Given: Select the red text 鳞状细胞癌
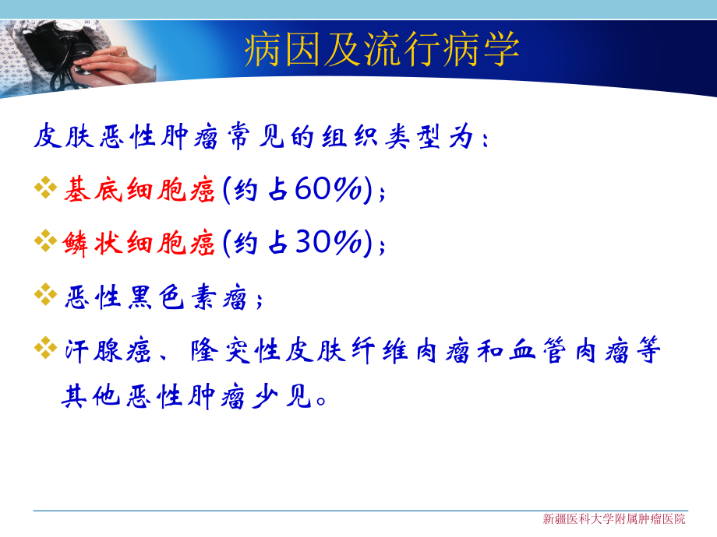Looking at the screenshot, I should pyautogui.click(x=139, y=244).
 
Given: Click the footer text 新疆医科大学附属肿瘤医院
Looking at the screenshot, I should pyautogui.click(x=614, y=519).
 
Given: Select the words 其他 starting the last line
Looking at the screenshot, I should pyautogui.click(x=92, y=399).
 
